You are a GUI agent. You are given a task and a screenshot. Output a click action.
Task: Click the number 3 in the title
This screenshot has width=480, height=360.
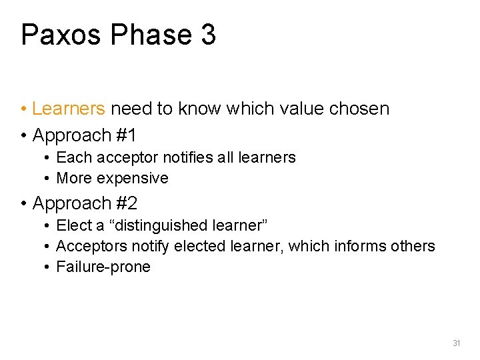point(207,35)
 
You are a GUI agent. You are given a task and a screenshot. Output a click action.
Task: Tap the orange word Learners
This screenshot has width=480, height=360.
point(69,109)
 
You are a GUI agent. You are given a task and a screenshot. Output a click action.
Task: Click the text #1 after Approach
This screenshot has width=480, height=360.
point(125,135)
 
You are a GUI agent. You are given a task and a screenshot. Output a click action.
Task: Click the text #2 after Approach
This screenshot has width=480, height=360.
point(125,203)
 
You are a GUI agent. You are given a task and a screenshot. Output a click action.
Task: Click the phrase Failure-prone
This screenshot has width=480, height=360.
point(103,267)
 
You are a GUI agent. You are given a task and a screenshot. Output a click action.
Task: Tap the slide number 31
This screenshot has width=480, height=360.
point(457,343)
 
